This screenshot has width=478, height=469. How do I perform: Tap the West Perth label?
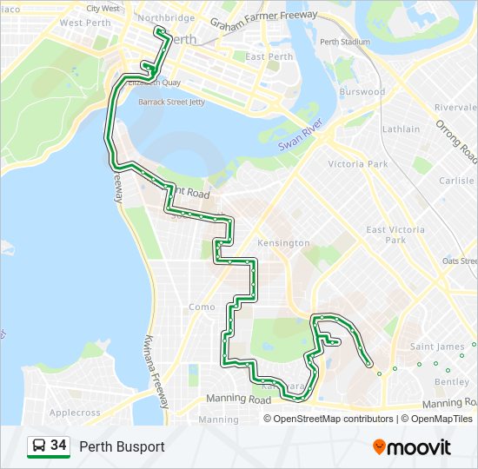click(x=83, y=23)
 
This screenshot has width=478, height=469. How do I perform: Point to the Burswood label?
click(x=362, y=91)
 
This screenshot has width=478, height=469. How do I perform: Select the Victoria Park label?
click(x=357, y=164)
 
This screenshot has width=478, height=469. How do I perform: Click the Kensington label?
click(x=283, y=243)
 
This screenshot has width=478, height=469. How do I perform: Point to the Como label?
click(x=202, y=307)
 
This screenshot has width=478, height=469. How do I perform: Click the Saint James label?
click(x=437, y=347)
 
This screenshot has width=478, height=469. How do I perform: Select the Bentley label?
click(x=452, y=382)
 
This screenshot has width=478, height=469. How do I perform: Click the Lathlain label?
click(x=401, y=129)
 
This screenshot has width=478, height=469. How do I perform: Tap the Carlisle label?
click(x=456, y=181)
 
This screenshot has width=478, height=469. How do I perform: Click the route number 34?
click(x=59, y=446)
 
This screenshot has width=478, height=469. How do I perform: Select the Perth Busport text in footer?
click(x=122, y=447)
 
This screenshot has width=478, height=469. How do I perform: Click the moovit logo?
click(x=412, y=447)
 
